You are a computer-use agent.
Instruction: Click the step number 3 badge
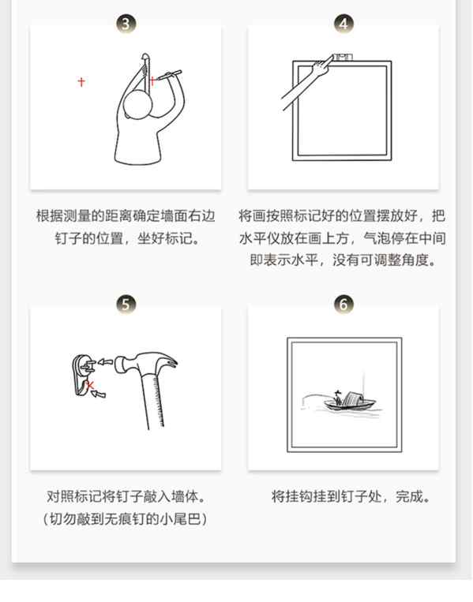(x=126, y=24)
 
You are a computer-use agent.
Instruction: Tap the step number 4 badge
(x=343, y=24)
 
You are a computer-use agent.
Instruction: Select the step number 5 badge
(x=126, y=304)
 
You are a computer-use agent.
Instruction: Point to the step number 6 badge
(x=343, y=304)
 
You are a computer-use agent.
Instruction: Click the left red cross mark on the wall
(x=81, y=82)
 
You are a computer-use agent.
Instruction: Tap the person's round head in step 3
(x=138, y=105)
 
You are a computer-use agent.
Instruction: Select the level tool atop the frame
(x=342, y=58)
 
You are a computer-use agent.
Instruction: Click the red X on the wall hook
(x=90, y=384)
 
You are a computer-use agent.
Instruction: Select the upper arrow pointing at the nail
(x=105, y=361)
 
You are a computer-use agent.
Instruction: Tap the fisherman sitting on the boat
(x=338, y=398)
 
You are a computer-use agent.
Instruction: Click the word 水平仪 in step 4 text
(x=261, y=238)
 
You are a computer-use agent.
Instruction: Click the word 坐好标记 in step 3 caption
(x=165, y=238)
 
